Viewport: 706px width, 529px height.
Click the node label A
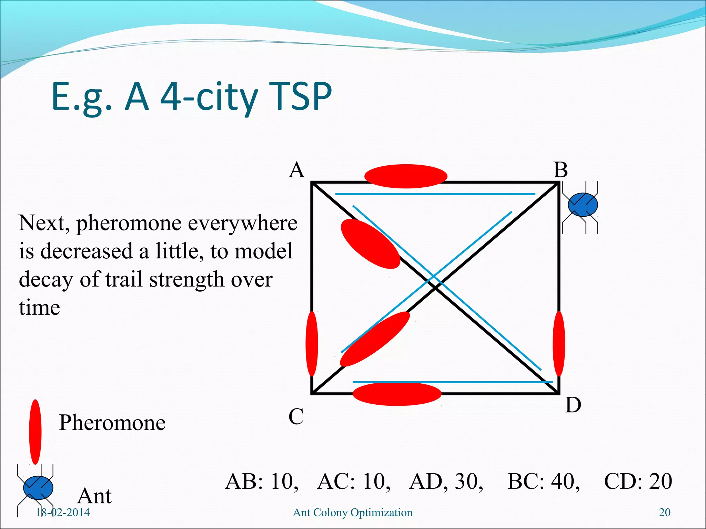click(297, 170)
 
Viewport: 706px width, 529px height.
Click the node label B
click(561, 170)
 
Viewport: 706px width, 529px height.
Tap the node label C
click(296, 416)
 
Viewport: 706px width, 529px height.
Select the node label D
click(573, 405)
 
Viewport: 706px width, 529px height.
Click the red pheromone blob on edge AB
click(406, 176)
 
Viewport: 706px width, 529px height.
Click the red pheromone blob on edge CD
click(397, 394)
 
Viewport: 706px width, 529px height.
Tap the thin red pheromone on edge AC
click(312, 344)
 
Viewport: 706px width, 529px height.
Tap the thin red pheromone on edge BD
click(559, 344)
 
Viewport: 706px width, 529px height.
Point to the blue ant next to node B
click(583, 205)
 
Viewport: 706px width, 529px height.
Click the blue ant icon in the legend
click(38, 488)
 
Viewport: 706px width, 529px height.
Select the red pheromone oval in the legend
click(35, 432)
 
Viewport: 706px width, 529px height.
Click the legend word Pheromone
click(112, 423)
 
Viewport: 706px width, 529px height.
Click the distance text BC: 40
click(544, 481)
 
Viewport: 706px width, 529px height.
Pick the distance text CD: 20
click(638, 481)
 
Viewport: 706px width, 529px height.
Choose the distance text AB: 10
click(262, 481)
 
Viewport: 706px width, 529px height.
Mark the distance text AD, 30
click(446, 481)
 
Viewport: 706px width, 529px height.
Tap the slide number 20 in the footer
click(664, 512)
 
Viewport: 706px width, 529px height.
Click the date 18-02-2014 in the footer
click(63, 512)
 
